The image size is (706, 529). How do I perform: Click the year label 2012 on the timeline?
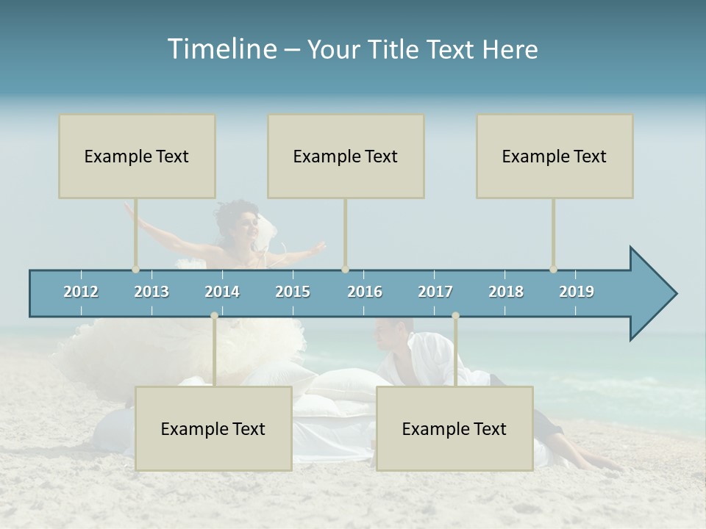click(81, 292)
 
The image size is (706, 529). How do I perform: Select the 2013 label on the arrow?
click(151, 292)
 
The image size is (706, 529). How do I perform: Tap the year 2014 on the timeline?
click(222, 292)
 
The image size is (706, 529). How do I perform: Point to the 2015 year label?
click(293, 292)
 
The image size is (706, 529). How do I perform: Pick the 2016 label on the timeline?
click(365, 292)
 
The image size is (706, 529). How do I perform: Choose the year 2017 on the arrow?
click(435, 292)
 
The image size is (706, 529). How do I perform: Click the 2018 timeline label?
click(506, 292)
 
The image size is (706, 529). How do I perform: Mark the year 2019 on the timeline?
click(577, 292)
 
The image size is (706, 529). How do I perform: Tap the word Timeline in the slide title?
click(221, 49)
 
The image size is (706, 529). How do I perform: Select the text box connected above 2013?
click(137, 156)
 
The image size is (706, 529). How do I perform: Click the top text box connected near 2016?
click(346, 156)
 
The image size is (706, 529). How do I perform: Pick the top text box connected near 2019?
click(555, 156)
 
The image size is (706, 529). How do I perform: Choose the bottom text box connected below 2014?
click(213, 428)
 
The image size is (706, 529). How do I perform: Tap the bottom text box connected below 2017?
click(454, 428)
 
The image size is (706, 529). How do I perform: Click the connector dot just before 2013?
click(135, 270)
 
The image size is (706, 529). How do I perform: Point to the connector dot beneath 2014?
click(214, 316)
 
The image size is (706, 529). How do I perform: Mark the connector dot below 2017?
click(455, 316)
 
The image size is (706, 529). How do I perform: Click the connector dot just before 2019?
click(553, 270)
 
